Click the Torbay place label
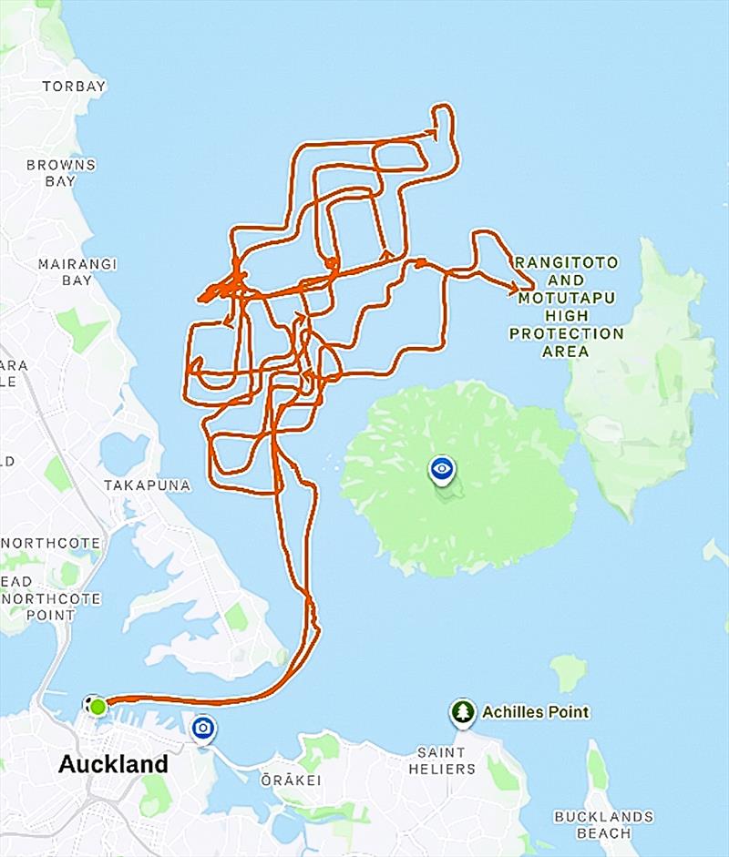74,87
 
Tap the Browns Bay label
61,173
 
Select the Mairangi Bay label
77,272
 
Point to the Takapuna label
148,485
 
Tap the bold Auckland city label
113,763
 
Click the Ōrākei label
289,780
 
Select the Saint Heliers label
447,760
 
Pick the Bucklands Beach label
603,824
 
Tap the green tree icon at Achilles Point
463,711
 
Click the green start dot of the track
98,706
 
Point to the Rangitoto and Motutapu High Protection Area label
566,307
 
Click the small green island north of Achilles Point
569,673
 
